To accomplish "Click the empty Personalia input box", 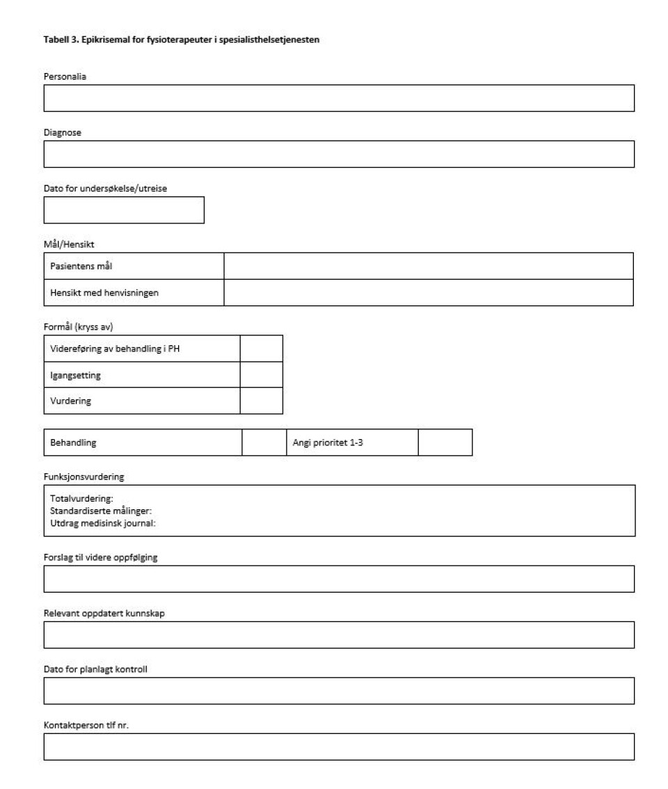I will (x=339, y=98).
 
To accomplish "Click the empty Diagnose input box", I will (x=339, y=154).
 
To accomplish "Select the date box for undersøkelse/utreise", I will (x=124, y=209).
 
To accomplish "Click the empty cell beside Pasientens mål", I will (x=428, y=266).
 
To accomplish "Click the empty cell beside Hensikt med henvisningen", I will (x=428, y=292).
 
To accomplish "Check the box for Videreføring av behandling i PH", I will (x=261, y=348).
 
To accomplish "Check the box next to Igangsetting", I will (x=261, y=374).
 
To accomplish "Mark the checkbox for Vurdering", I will (x=261, y=401).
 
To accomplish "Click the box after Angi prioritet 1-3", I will (x=445, y=443).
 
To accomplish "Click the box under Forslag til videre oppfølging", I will (x=339, y=579).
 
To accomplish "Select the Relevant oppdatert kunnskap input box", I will (x=339, y=635).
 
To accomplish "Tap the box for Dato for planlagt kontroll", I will (x=339, y=690).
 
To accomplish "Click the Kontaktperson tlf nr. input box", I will (x=339, y=746).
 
